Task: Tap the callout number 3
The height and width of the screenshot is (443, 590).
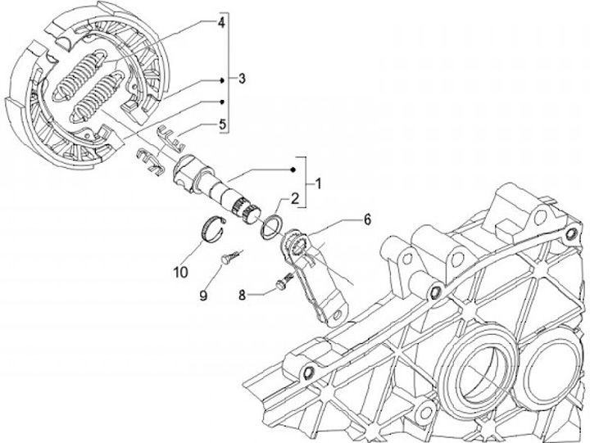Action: tap(242, 79)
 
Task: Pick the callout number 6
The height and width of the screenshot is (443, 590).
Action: tap(367, 219)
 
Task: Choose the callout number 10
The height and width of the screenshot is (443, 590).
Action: tap(180, 269)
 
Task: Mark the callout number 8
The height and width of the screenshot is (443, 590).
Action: tap(243, 292)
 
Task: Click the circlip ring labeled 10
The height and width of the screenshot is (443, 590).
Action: tap(214, 229)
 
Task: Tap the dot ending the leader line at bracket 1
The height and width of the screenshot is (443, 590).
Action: tap(292, 170)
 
